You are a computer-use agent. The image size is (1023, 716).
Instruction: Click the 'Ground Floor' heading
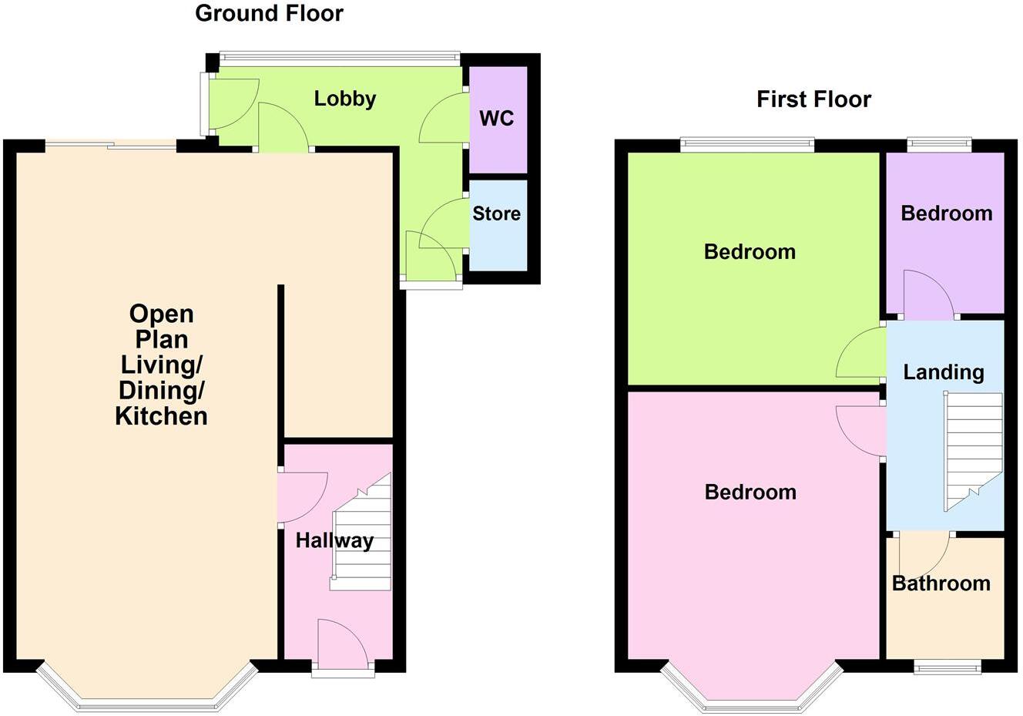point(269,14)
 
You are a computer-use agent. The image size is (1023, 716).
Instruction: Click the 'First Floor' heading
point(813,99)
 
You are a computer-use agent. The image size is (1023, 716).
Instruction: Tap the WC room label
point(496,119)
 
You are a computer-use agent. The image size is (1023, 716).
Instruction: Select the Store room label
point(496,213)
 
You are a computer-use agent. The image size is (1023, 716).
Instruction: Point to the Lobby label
point(344,99)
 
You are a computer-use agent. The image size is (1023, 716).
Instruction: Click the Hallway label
point(334,540)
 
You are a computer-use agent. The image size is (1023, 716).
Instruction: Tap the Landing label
point(944,372)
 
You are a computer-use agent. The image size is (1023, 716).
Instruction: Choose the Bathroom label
point(941,583)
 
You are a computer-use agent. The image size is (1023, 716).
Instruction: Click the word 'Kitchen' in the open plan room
point(162,416)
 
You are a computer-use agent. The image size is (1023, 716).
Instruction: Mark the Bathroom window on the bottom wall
point(947,667)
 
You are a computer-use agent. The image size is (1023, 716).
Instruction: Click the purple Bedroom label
point(946,213)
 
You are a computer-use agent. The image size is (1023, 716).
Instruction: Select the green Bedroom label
point(750,252)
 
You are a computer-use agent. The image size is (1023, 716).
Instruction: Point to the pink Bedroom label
point(750,492)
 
